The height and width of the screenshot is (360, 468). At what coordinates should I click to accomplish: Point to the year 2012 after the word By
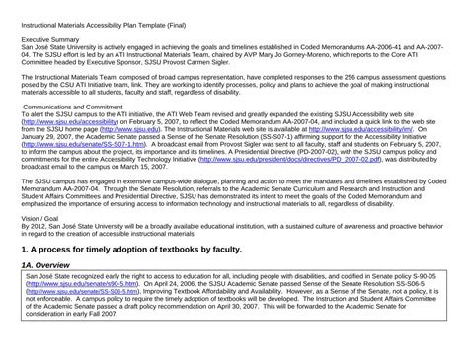click(x=36, y=226)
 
